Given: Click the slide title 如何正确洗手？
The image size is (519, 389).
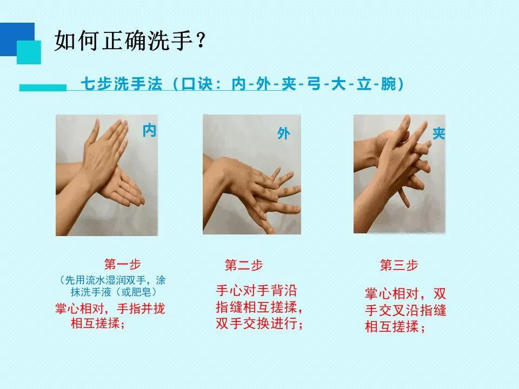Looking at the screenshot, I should (130, 41).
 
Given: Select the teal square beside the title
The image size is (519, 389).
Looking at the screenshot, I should (29, 52).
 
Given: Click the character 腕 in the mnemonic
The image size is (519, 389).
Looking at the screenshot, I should (388, 85).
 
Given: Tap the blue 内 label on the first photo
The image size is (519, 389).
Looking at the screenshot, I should (149, 130).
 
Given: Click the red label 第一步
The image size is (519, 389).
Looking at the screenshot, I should (122, 264).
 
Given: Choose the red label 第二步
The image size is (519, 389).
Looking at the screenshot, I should (243, 265).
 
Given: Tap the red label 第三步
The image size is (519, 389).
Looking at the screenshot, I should (399, 265).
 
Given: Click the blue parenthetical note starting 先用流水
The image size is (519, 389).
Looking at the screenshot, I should (111, 286).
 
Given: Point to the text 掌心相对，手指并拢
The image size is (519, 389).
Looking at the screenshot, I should (110, 309).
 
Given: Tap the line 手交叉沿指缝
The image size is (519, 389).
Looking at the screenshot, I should (405, 311).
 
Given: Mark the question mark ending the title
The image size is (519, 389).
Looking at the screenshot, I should (201, 42).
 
